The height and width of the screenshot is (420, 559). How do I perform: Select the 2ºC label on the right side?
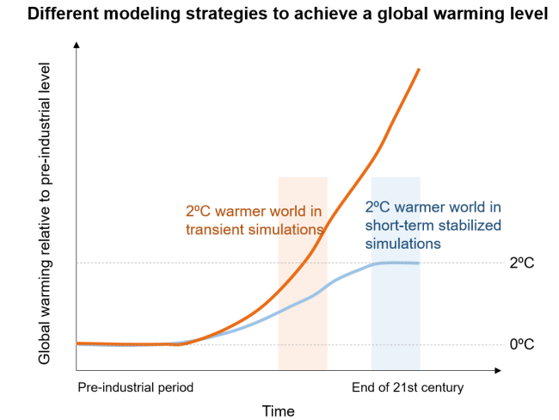click(521, 262)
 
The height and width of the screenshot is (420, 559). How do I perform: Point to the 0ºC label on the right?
click(521, 344)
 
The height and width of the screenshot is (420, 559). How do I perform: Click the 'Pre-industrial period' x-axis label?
click(136, 387)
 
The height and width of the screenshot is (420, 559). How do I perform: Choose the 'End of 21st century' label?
click(408, 387)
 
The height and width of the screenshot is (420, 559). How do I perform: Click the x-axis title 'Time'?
click(279, 411)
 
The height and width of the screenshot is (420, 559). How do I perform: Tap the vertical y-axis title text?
click(45, 211)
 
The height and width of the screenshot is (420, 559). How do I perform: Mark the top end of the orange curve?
click(419, 69)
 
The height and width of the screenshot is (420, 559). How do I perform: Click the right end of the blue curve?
click(419, 262)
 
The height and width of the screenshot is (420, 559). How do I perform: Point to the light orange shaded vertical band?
click(303, 327)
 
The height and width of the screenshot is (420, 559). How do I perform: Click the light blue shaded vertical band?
click(396, 327)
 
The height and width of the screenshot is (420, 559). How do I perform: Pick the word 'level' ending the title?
click(530, 15)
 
